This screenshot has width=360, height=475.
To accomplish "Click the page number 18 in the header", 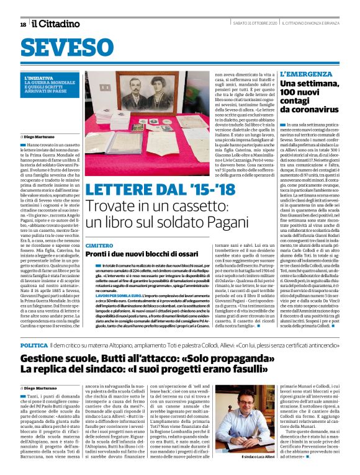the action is click(23, 24).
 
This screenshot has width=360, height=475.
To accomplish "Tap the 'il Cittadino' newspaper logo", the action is click(56, 24).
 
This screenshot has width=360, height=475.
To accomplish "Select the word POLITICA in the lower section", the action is click(34, 344).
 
